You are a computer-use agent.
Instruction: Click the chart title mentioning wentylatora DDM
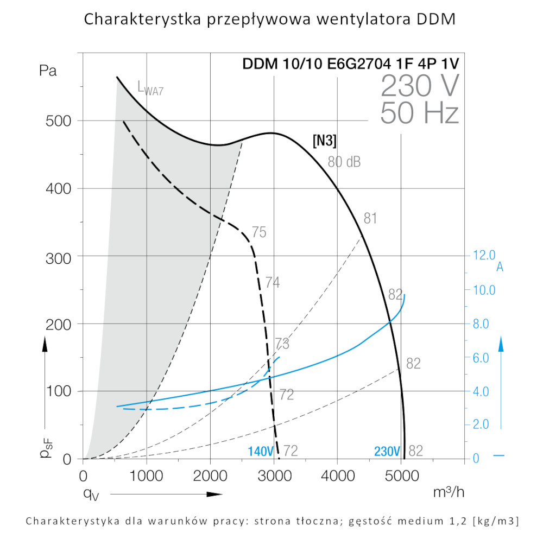pyautogui.click(x=270, y=20)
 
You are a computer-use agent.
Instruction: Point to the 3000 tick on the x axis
pyautogui.click(x=274, y=476)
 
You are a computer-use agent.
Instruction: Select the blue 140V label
pyautogui.click(x=260, y=451)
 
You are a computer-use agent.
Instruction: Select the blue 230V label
pyautogui.click(x=387, y=451)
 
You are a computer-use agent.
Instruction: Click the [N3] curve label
pyautogui.click(x=325, y=141)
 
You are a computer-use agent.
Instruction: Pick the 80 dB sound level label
pyautogui.click(x=344, y=161)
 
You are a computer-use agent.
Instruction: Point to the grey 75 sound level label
pyautogui.click(x=259, y=232)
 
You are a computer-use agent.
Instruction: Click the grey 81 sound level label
pyautogui.click(x=370, y=219)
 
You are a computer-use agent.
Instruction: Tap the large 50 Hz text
pyautogui.click(x=420, y=113)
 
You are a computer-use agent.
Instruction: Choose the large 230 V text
pyautogui.click(x=420, y=85)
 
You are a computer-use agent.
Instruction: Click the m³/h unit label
pyautogui.click(x=449, y=492)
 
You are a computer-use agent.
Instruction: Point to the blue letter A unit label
pyautogui.click(x=500, y=267)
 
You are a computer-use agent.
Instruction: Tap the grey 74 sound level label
pyautogui.click(x=272, y=282)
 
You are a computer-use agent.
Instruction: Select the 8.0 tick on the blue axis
pyautogui.click(x=484, y=324)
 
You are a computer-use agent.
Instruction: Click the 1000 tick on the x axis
pyautogui.click(x=147, y=476)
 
